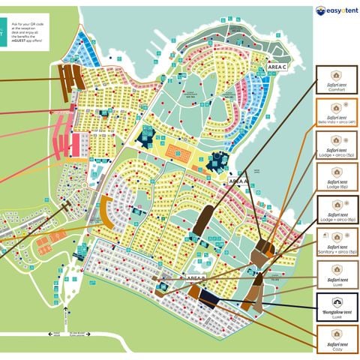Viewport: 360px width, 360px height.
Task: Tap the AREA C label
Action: (277, 67)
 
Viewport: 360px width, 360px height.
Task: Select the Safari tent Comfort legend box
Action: (337, 79)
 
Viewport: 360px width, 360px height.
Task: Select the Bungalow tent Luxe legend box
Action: (337, 309)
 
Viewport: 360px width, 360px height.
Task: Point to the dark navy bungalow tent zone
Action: (209, 300)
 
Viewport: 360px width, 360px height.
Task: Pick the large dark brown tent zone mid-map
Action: (202, 220)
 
